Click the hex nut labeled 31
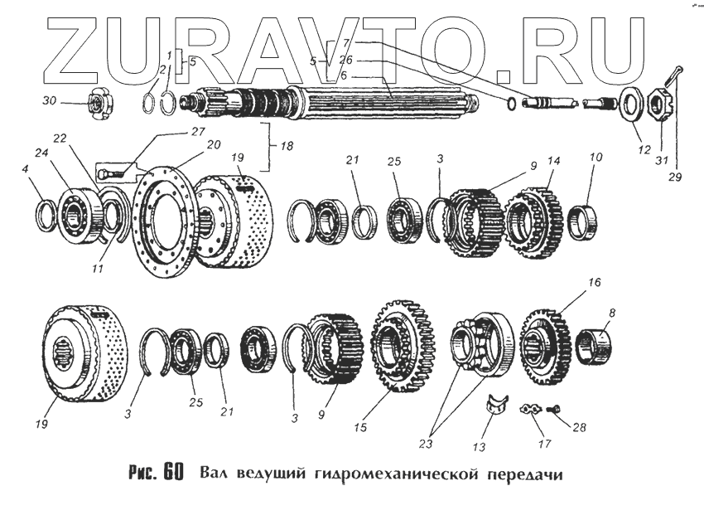pyautogui.click(x=656, y=104)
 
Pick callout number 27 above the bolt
pyautogui.click(x=198, y=131)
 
